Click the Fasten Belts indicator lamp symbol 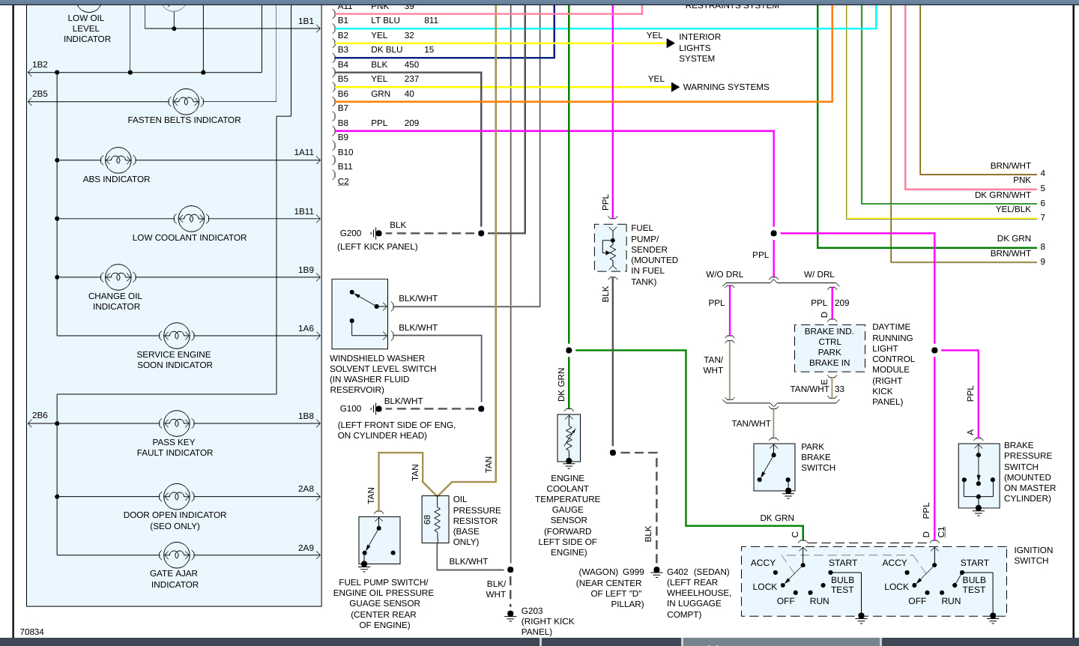coord(185,101)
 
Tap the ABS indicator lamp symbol coord(118,160)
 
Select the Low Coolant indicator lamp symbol coord(191,219)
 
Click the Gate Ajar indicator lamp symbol coord(176,555)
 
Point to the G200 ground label coord(351,233)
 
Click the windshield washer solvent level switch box coord(360,314)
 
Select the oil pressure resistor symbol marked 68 coord(435,519)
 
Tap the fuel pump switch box coord(379,540)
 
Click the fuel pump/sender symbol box coord(611,247)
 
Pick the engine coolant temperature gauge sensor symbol coord(569,438)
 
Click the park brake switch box coord(773,467)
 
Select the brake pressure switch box coord(979,475)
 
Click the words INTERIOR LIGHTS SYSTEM coord(699,47)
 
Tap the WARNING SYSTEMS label coord(725,87)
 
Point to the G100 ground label coord(351,408)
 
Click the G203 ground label coord(532,611)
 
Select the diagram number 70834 coord(32,632)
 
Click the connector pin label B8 coord(343,123)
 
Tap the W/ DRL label coord(819,274)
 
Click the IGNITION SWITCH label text coord(1033,555)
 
